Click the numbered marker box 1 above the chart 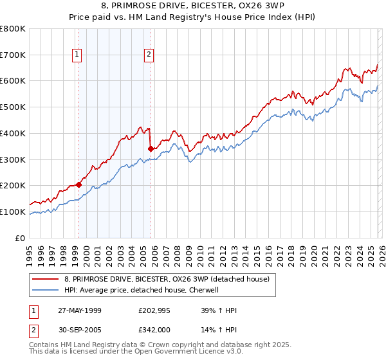pos(77,55)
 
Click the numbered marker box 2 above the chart pos(149,55)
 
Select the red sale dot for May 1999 pos(78,184)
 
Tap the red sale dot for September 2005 pos(151,148)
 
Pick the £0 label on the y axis pos(21,238)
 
